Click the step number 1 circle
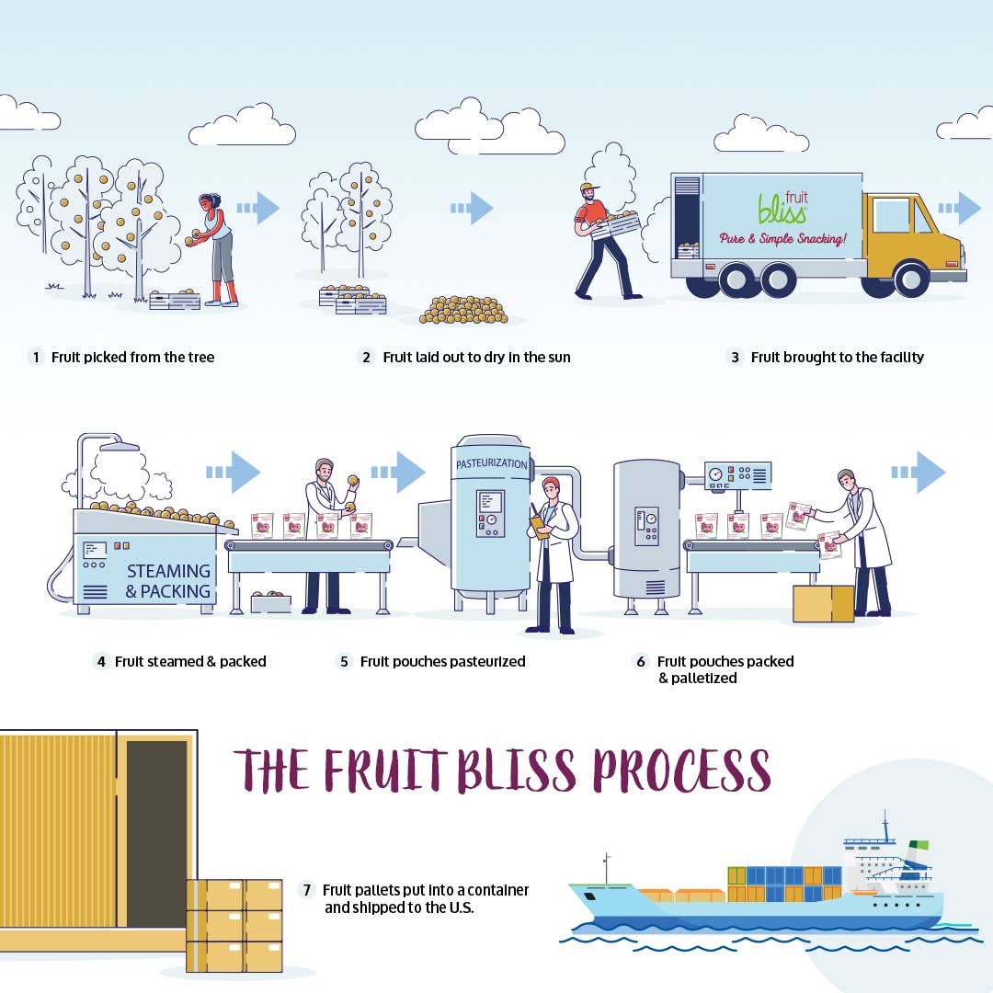[x=36, y=357]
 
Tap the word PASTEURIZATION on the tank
[x=491, y=463]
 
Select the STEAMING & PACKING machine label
[x=168, y=581]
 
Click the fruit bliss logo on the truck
[x=784, y=207]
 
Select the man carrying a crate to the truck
[x=605, y=241]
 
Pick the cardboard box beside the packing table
[x=823, y=603]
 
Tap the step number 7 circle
[x=306, y=890]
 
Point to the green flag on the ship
[x=919, y=845]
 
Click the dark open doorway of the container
[x=156, y=834]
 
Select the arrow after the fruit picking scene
[x=258, y=208]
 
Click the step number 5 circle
[x=344, y=662]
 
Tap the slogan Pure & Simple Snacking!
[x=782, y=239]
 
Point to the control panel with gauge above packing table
[x=737, y=475]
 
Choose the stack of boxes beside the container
[x=234, y=925]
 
